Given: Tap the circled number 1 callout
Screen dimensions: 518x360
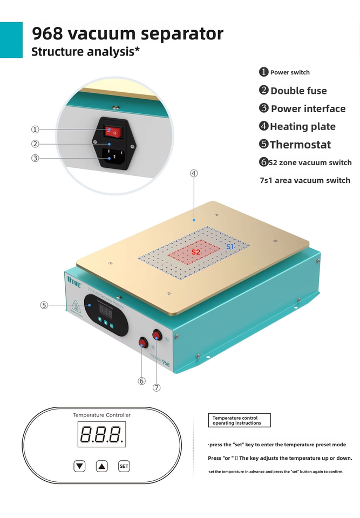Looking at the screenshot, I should click(x=35, y=129).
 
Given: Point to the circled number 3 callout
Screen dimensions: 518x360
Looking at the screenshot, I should click(x=35, y=158).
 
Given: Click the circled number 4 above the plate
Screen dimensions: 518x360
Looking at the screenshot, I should click(x=194, y=173).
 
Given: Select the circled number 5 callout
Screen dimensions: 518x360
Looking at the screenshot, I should click(x=44, y=305).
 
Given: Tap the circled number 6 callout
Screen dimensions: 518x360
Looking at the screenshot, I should click(x=142, y=380).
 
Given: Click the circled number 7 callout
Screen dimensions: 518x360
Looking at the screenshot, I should click(x=157, y=387).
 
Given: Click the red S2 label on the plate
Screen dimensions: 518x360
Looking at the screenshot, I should click(x=196, y=252).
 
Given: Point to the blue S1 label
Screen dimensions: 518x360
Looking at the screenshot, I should click(x=230, y=246).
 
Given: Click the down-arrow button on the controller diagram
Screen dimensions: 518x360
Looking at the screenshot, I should click(x=80, y=466).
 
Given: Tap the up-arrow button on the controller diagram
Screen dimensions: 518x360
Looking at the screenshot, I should click(x=102, y=466).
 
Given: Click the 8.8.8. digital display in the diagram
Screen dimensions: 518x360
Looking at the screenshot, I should click(x=102, y=434).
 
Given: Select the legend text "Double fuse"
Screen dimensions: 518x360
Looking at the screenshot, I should click(x=298, y=91).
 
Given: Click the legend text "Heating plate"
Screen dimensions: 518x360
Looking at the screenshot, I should click(x=303, y=127).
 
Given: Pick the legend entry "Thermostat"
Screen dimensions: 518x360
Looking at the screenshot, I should click(x=300, y=145).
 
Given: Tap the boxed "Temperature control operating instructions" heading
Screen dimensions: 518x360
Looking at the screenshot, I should click(x=239, y=420).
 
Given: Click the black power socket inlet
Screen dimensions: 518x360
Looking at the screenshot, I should click(x=113, y=156).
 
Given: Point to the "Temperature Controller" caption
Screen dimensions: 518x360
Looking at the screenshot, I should click(x=102, y=415).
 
